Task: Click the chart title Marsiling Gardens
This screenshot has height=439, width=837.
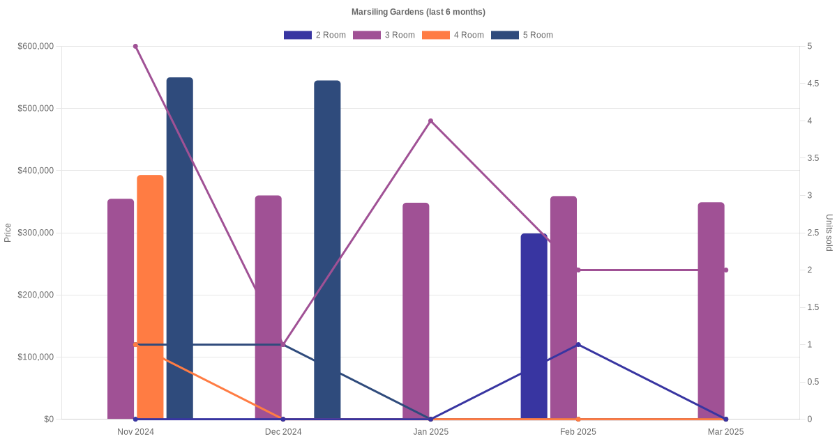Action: [x=418, y=12]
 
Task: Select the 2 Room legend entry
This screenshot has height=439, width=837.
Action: [x=315, y=35]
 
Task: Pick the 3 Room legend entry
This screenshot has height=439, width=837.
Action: [x=384, y=35]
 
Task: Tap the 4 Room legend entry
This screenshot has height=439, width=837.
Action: [x=453, y=35]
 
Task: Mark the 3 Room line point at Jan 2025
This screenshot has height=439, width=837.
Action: [x=430, y=121]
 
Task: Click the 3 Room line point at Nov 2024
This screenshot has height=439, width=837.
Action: [x=135, y=47]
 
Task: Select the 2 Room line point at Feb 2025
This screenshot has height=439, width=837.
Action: [x=578, y=344]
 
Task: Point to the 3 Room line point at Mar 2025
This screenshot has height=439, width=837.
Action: [x=725, y=270]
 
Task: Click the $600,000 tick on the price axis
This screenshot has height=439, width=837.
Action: [x=36, y=47]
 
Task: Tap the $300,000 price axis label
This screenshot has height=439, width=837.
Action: [x=36, y=233]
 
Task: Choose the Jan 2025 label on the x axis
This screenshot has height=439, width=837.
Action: [x=430, y=432]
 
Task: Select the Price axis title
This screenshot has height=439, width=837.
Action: [x=8, y=233]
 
